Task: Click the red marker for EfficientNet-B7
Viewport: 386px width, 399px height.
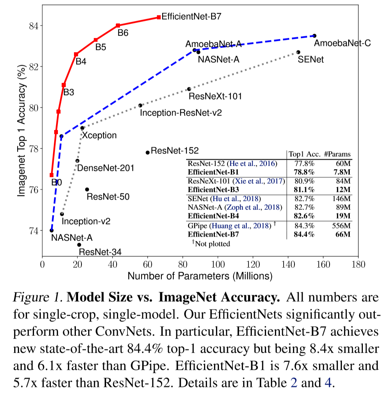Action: pos(159,17)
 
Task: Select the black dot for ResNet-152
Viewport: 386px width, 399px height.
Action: pos(148,152)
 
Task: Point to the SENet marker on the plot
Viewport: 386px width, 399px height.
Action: pos(298,52)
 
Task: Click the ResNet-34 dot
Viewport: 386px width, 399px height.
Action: pos(79,245)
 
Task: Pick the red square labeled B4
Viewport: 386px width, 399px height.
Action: pos(76,55)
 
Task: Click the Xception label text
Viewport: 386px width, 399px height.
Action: pos(99,135)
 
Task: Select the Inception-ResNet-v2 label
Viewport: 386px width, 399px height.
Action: pos(181,113)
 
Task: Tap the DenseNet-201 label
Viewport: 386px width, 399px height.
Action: pos(105,168)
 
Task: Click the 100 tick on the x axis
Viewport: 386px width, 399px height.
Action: pos(218,265)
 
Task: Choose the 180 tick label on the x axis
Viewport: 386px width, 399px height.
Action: pos(358,265)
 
